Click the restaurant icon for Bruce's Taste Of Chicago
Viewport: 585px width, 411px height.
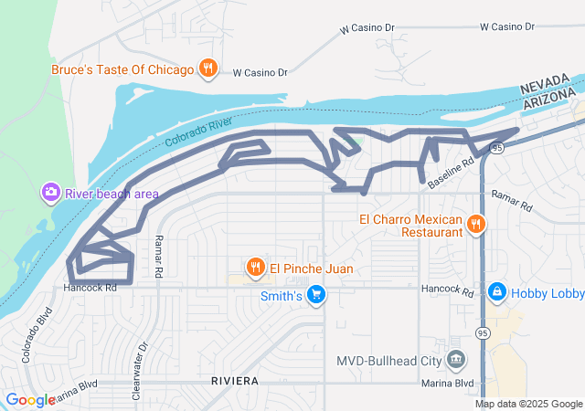pyautogui.click(x=208, y=68)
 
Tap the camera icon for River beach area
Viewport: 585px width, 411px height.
pyautogui.click(x=50, y=193)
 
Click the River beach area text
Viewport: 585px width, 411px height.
pyautogui.click(x=112, y=194)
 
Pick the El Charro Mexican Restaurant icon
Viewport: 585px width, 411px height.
pyautogui.click(x=475, y=225)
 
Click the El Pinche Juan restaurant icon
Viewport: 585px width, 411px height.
pyautogui.click(x=255, y=268)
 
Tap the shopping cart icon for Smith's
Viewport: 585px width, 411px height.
pyautogui.click(x=316, y=295)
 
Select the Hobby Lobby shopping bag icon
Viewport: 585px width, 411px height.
pyautogui.click(x=496, y=292)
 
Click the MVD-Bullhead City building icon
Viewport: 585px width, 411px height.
pyautogui.click(x=455, y=359)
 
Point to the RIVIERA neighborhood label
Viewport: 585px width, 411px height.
pyautogui.click(x=235, y=379)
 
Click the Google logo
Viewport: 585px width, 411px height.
pyautogui.click(x=29, y=400)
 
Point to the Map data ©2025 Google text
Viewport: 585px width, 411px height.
pyautogui.click(x=527, y=404)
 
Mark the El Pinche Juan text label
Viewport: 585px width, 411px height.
pyautogui.click(x=311, y=269)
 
